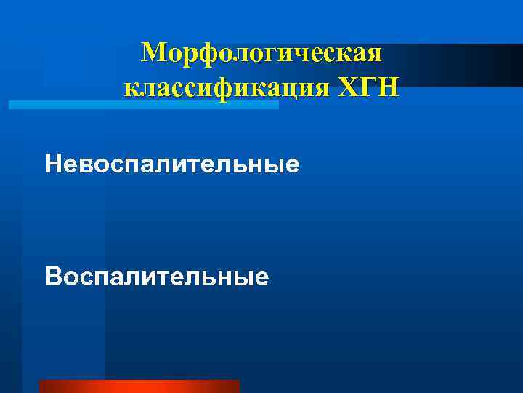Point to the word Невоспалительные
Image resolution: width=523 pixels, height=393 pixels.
(172, 164)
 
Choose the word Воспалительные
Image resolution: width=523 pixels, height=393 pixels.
(157, 277)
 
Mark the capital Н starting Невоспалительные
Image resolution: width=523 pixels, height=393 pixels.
(52, 164)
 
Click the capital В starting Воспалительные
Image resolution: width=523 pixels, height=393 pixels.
(52, 277)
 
